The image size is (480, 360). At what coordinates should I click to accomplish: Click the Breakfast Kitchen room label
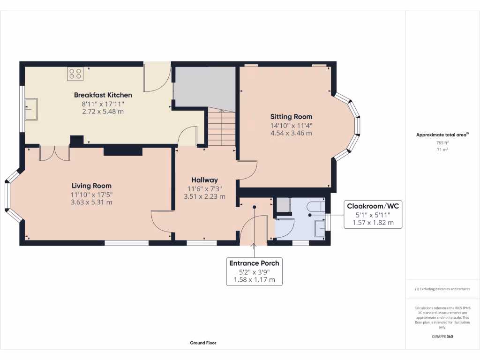(103, 95)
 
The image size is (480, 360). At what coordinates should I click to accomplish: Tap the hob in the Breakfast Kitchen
(75, 73)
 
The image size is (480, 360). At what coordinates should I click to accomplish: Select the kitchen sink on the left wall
(32, 108)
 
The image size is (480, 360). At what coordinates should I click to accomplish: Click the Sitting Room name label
(291, 117)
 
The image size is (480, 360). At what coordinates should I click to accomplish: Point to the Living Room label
(91, 185)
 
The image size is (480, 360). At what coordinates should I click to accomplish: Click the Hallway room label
(204, 180)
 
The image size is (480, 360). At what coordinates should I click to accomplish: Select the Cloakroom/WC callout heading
(373, 206)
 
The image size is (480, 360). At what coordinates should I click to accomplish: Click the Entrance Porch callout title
(254, 263)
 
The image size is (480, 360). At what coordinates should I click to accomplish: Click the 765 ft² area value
(442, 142)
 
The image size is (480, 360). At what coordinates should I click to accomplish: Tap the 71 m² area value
(442, 150)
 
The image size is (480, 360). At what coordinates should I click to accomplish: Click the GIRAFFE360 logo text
(442, 337)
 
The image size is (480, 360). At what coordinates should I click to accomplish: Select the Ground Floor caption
(203, 343)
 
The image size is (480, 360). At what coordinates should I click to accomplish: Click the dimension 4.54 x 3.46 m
(291, 133)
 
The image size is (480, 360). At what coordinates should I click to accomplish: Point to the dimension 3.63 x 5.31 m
(91, 202)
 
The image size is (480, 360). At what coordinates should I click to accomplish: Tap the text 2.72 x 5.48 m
(103, 112)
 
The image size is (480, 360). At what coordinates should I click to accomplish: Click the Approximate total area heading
(442, 135)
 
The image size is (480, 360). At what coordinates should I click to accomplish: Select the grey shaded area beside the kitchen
(204, 87)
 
